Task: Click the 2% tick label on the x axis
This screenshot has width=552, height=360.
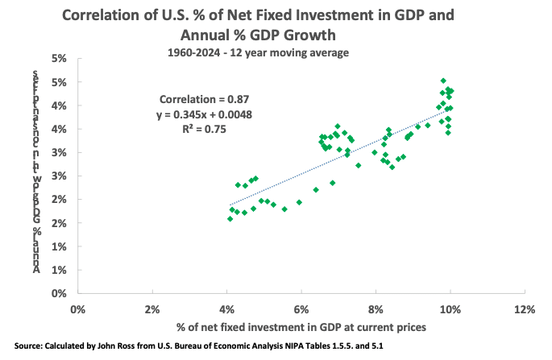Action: pyautogui.click(x=152, y=308)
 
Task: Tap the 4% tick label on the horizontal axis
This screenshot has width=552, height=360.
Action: pyautogui.click(x=226, y=308)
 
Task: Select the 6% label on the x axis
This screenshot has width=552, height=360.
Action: pyautogui.click(x=301, y=308)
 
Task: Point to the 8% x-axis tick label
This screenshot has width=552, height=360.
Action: pyautogui.click(x=376, y=308)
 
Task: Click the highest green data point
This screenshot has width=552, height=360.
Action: pyautogui.click(x=443, y=81)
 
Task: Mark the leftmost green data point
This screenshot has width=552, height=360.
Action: pyautogui.click(x=230, y=218)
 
